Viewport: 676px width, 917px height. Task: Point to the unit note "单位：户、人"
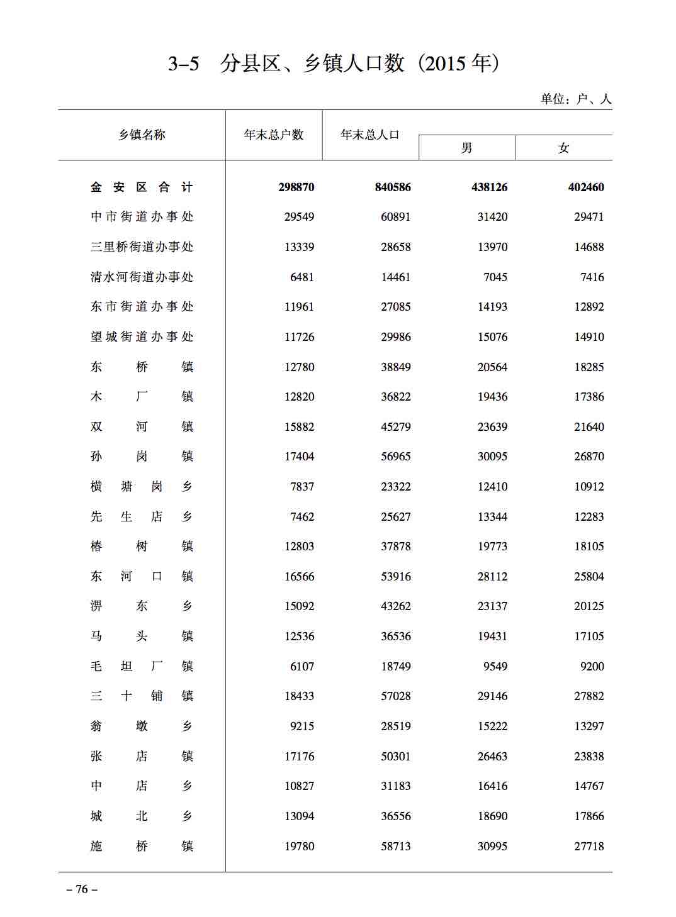tap(576, 99)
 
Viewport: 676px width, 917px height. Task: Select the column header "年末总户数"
tap(274, 135)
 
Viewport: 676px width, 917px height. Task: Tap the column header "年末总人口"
tap(370, 135)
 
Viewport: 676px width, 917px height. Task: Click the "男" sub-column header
tap(466, 148)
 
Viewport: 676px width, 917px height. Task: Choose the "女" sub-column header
tap(563, 148)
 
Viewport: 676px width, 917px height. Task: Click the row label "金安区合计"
tap(142, 187)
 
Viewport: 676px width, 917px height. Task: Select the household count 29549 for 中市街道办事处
tap(299, 217)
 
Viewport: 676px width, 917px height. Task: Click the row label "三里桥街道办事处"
tap(142, 247)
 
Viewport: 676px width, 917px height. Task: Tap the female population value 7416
tap(592, 277)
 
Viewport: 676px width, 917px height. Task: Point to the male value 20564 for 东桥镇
tap(492, 367)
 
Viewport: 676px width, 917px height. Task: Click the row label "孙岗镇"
tap(142, 457)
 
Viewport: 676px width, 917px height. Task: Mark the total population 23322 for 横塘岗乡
tap(395, 486)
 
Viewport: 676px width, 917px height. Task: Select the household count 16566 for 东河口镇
tap(299, 576)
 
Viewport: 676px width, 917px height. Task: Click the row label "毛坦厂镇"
tap(142, 666)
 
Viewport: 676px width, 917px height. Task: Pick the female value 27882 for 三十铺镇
tap(589, 696)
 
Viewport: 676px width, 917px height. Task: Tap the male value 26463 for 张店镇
tap(492, 756)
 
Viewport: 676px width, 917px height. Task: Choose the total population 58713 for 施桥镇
tap(395, 846)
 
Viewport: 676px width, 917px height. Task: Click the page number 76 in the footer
tap(82, 889)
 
